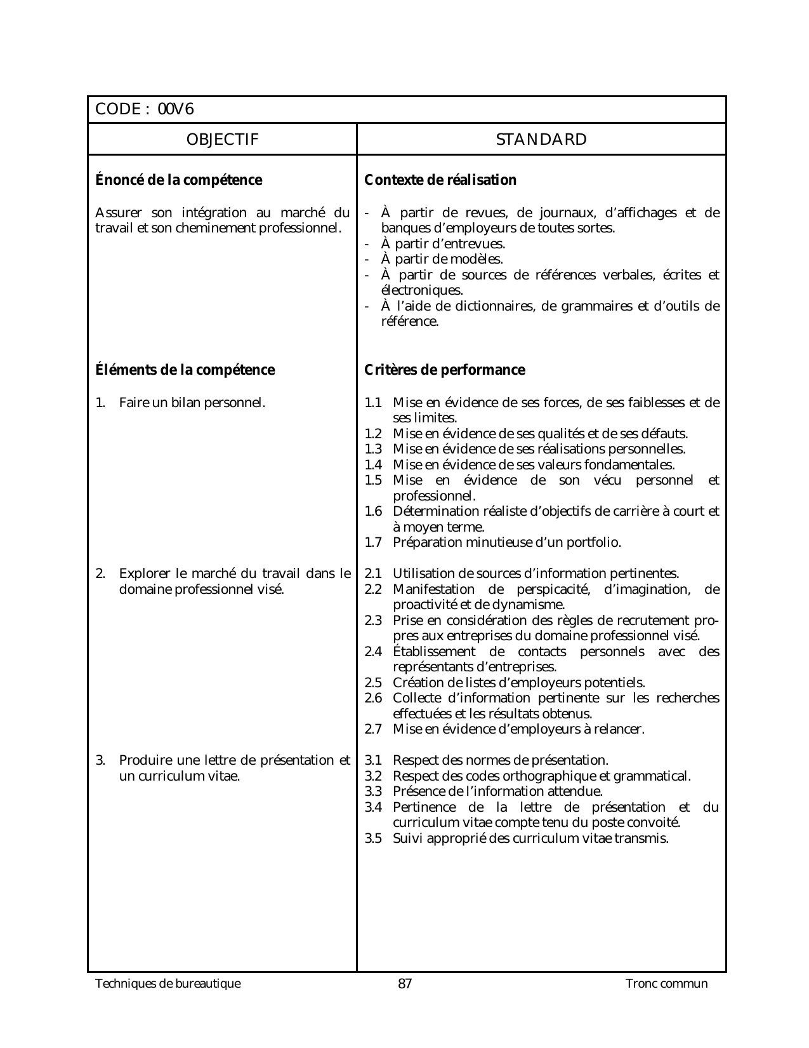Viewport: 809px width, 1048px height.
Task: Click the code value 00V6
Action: pos(176,110)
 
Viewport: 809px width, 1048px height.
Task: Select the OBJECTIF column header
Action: pos(223,140)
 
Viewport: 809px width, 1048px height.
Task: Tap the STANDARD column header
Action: pos(541,140)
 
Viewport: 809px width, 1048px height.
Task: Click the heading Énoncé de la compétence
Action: pos(178,180)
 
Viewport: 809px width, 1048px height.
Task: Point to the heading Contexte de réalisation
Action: pos(440,180)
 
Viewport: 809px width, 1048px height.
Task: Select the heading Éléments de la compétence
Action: pos(185,370)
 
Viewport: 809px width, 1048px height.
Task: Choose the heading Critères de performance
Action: pos(445,370)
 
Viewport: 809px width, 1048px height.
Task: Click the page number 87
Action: pos(405,984)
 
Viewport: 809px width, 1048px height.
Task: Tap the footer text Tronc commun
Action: pos(666,984)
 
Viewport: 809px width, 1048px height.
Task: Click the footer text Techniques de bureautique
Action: pos(168,984)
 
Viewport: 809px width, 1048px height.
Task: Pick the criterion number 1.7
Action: pos(373,543)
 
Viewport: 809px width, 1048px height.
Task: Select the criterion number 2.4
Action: pos(373,652)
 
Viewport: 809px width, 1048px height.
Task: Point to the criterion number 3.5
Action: pos(373,839)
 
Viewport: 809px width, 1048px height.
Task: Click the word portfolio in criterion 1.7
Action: pos(594,543)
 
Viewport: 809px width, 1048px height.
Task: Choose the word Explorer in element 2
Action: pos(142,574)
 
